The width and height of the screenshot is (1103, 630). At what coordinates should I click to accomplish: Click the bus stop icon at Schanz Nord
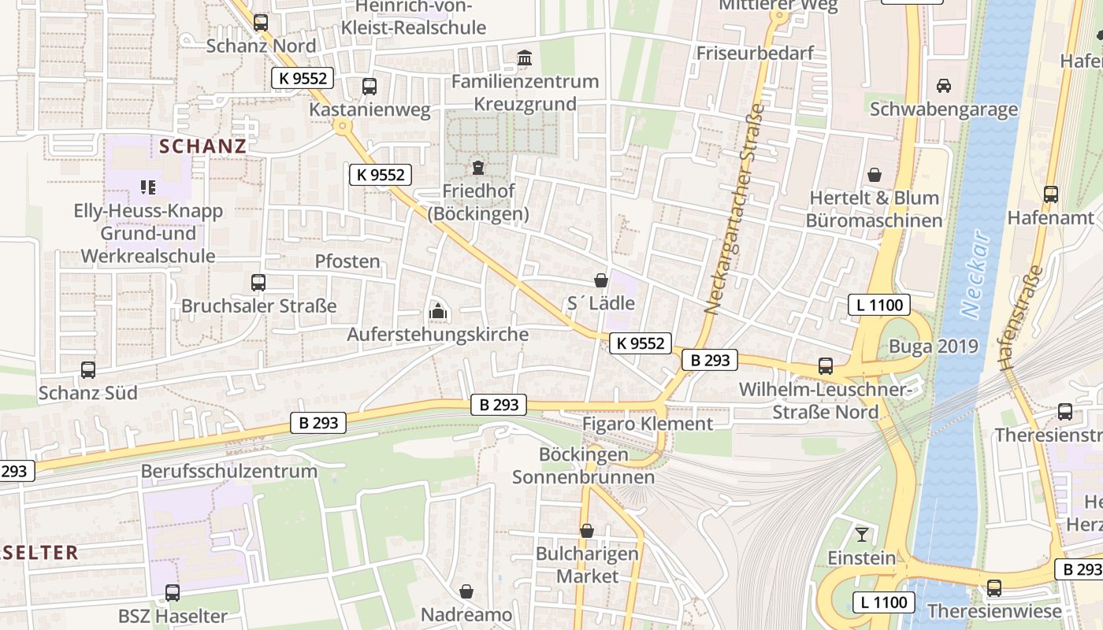[x=261, y=22]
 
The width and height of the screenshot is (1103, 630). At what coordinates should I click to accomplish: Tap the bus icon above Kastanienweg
[x=369, y=86]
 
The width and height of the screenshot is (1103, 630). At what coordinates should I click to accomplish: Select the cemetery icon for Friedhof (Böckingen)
[x=477, y=167]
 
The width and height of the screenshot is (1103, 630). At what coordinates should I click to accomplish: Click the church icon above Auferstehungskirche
[x=438, y=311]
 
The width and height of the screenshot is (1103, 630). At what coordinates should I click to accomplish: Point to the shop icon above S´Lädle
[x=601, y=280]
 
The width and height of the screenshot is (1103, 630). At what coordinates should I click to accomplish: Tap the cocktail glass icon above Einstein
[x=862, y=535]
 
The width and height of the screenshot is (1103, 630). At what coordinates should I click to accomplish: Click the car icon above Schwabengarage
[x=943, y=85]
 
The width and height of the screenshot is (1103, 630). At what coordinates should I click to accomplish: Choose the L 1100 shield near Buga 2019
[x=879, y=305]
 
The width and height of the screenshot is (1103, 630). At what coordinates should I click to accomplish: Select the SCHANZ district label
[x=203, y=146]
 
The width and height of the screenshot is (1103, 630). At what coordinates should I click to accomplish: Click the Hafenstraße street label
[x=1020, y=318]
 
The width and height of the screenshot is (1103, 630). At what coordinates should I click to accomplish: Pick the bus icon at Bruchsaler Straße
[x=258, y=282]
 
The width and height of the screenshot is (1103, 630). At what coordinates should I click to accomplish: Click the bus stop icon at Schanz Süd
[x=88, y=369]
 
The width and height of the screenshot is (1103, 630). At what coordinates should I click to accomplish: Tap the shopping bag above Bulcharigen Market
[x=587, y=531]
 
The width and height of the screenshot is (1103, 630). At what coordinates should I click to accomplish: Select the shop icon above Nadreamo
[x=466, y=591]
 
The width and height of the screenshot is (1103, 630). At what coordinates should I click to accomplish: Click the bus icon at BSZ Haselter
[x=172, y=592]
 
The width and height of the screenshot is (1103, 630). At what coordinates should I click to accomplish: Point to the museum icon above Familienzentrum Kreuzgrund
[x=525, y=57]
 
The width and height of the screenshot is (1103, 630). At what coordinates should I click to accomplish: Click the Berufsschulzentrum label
[x=228, y=471]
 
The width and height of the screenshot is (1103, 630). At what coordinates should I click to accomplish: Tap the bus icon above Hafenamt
[x=1050, y=194]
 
